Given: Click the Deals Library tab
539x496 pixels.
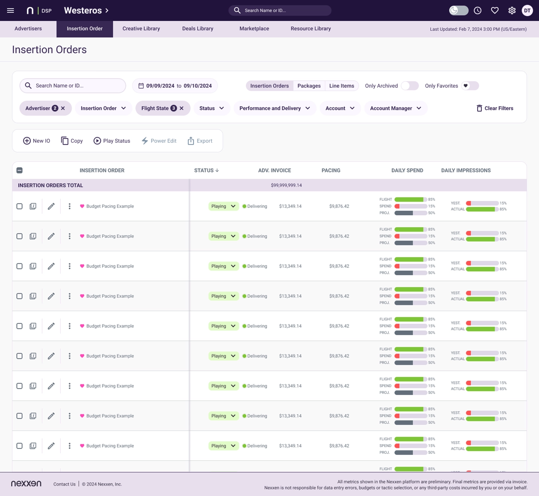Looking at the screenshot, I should click(198, 29).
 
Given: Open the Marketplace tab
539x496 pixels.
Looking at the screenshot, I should click(254, 29).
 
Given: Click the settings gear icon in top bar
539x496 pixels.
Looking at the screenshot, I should click(512, 10).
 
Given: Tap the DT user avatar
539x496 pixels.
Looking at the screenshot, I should click(527, 10).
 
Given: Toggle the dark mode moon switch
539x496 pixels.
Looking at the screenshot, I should click(459, 10).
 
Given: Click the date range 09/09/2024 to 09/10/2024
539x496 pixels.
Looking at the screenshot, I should click(175, 86).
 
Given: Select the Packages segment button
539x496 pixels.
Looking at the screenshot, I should click(309, 86).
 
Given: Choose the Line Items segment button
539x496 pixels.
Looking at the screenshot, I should click(341, 86).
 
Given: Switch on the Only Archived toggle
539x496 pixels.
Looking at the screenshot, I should click(409, 86).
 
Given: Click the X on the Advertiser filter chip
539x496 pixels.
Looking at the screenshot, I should click(63, 108).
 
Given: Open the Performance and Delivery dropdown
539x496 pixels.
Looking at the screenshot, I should click(275, 108).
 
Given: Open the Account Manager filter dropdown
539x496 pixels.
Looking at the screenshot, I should click(396, 108).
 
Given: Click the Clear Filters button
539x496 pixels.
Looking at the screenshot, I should click(494, 108).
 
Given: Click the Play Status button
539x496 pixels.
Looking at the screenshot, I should click(112, 141).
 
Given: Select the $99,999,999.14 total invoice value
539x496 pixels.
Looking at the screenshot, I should click(286, 185).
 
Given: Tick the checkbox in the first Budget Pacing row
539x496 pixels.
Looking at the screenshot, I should click(19, 206).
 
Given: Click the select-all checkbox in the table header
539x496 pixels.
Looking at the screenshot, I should click(19, 170).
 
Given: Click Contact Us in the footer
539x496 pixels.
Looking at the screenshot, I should click(64, 484).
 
